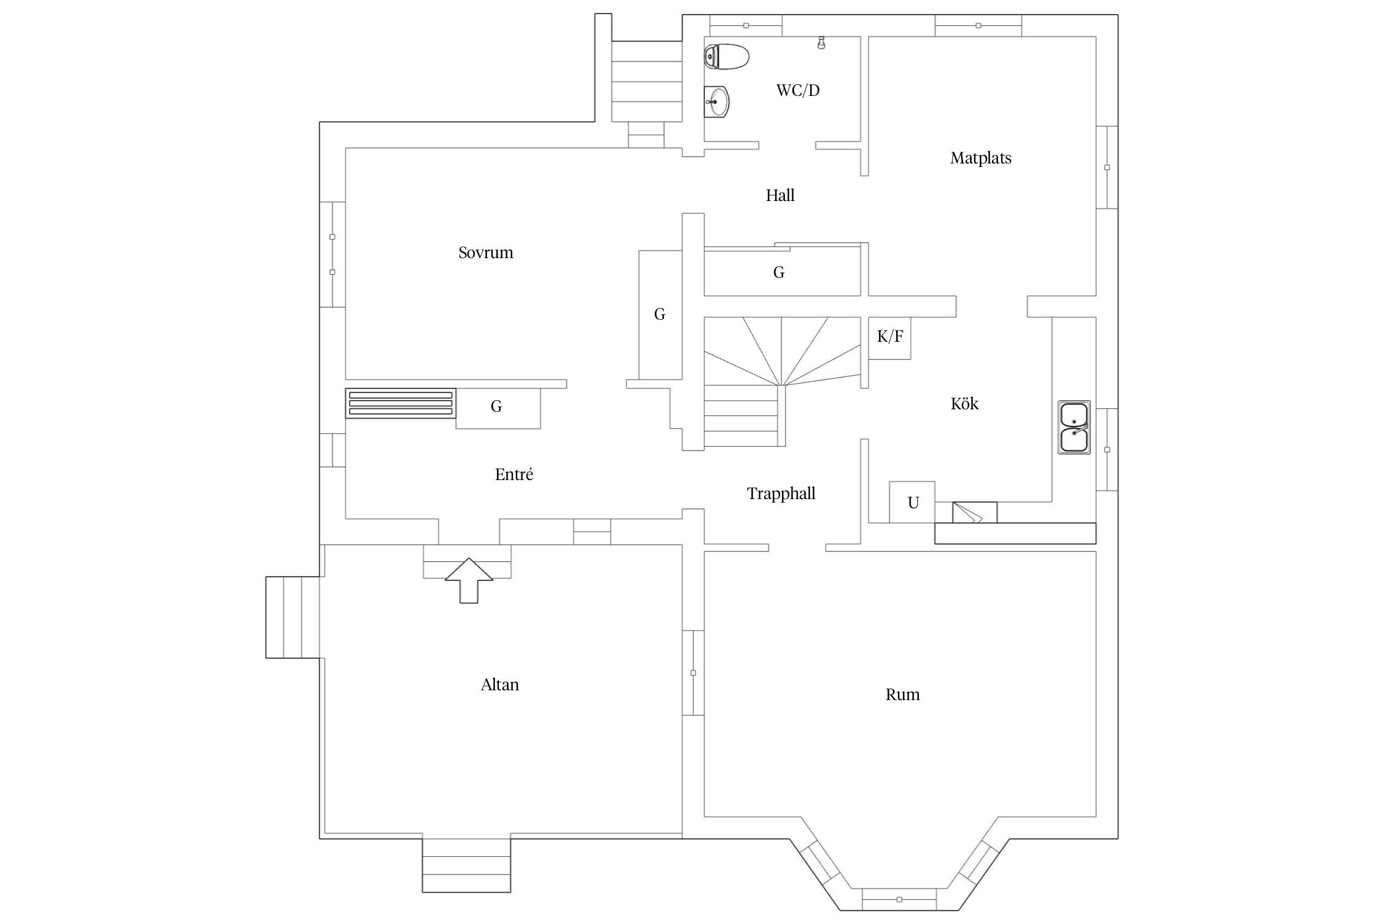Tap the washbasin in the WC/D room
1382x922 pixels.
(716, 101)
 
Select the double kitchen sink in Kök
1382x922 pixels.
(1074, 427)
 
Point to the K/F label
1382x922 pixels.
(889, 336)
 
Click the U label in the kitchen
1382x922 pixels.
(913, 503)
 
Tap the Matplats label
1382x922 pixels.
(980, 158)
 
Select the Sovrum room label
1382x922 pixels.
(485, 253)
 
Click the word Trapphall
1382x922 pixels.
(781, 494)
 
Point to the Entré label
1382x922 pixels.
(513, 475)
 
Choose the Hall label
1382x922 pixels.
(779, 195)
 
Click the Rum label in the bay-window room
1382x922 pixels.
(902, 695)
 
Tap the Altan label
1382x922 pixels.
(499, 685)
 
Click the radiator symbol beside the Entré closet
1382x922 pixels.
(400, 403)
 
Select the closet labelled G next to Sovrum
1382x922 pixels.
(660, 315)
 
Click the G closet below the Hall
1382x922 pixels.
(778, 272)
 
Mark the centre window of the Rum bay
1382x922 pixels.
(899, 899)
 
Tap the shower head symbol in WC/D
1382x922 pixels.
(821, 43)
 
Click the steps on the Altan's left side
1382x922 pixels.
(292, 617)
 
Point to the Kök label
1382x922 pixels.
(964, 404)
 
